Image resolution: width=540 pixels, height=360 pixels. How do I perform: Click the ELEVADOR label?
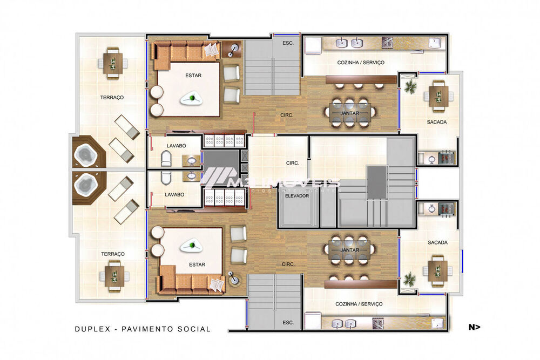pos(297,196)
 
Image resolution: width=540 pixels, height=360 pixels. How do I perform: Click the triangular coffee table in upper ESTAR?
pos(192,98)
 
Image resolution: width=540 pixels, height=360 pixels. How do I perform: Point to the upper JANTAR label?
pos(349,113)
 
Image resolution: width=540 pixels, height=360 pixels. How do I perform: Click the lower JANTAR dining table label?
pos(349,251)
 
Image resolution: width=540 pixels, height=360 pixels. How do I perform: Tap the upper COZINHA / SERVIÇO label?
pos(361,63)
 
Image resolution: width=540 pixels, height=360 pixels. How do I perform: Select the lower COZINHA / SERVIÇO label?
pos(359,304)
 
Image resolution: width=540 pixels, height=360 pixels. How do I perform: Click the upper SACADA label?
pos(436,122)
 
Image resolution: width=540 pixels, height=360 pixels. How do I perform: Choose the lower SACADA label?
pos(437,242)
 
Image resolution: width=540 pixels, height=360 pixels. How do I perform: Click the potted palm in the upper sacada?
pos(411,86)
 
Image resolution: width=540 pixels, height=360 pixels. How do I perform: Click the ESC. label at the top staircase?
pos(287,43)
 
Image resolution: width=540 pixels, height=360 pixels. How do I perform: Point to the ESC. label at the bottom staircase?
pos(287,322)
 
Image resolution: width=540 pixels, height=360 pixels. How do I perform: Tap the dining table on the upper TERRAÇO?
pos(113,62)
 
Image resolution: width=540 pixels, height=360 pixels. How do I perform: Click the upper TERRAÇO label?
pos(112,98)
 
